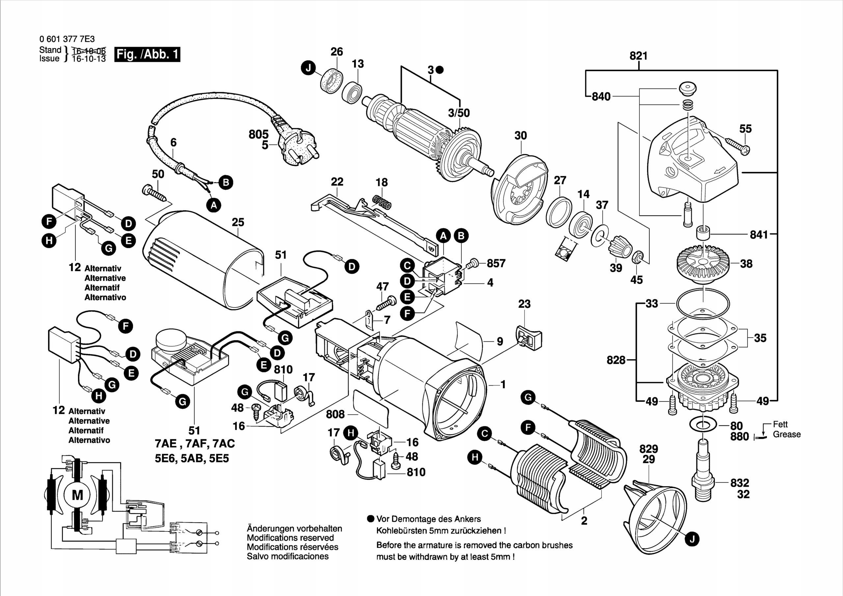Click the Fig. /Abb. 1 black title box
click(147, 54)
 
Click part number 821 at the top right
click(639, 56)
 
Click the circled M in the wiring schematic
click(77, 495)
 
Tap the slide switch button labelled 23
click(529, 336)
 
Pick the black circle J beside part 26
click(309, 68)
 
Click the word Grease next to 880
click(786, 434)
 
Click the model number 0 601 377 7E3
click(67, 39)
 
